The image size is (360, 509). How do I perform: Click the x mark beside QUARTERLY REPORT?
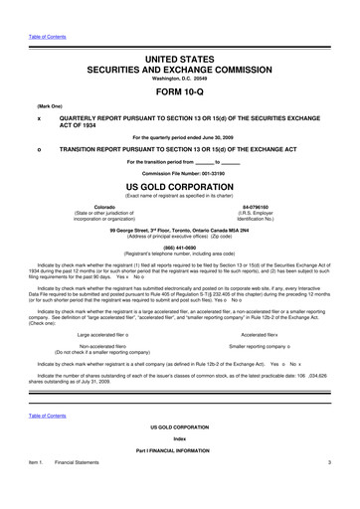tap(38, 116)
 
